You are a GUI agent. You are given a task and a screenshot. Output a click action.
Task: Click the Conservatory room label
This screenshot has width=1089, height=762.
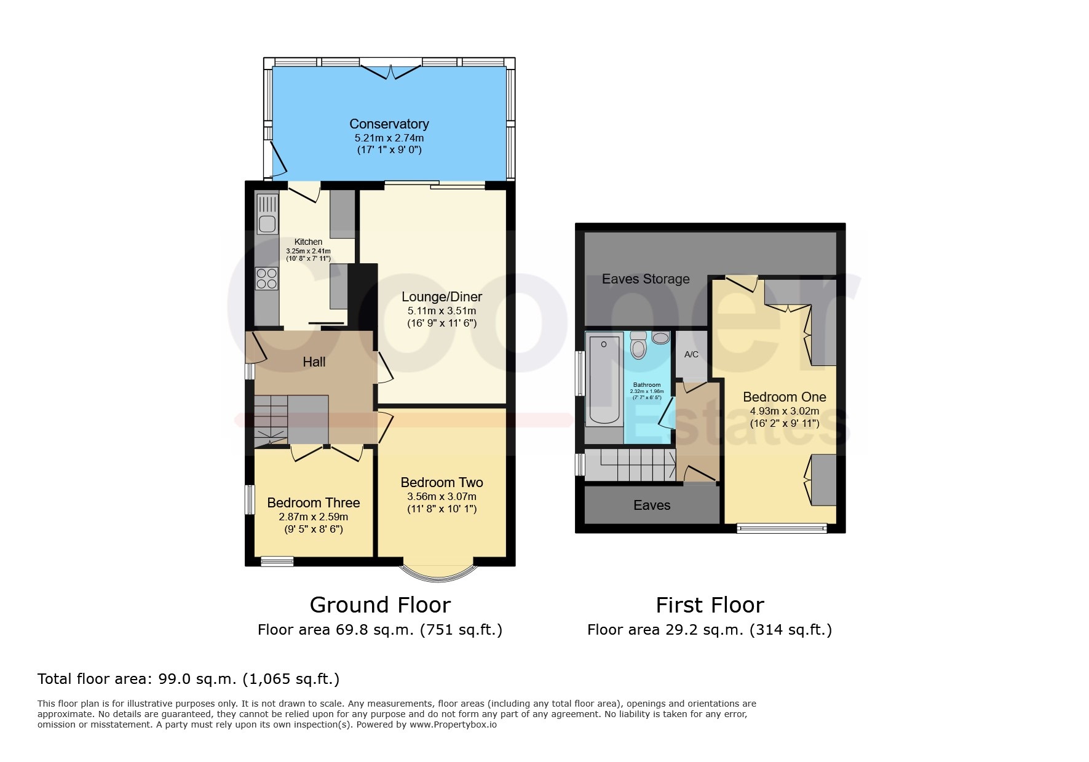(389, 124)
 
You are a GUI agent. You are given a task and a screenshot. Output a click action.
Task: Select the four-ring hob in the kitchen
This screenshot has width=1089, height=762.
(267, 278)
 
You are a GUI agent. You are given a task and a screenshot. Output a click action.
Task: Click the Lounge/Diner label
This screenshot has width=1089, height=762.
(442, 296)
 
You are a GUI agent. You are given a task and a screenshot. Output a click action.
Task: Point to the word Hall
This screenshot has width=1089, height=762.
(314, 362)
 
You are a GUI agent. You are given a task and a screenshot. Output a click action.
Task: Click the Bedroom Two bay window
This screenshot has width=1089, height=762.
(438, 571)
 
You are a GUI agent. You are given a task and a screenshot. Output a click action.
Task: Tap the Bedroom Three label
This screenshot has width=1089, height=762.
(314, 502)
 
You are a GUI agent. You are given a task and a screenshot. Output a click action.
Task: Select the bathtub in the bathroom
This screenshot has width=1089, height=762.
(604, 378)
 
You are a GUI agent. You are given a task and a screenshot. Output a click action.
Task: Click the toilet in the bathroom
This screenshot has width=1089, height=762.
(639, 346)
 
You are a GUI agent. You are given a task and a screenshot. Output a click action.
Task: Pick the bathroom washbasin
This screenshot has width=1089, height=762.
(661, 338)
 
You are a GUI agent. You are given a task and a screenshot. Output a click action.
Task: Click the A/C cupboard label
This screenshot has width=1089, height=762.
(691, 354)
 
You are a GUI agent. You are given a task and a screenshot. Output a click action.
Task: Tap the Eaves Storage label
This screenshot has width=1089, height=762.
(646, 279)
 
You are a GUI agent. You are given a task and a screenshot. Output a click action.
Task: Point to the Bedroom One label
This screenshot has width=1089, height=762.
(785, 397)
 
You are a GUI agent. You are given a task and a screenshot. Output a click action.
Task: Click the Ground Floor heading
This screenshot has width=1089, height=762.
(380, 605)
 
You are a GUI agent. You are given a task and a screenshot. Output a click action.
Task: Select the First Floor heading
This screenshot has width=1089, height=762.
(710, 605)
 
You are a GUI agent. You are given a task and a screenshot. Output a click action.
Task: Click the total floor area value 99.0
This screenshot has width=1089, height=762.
(176, 679)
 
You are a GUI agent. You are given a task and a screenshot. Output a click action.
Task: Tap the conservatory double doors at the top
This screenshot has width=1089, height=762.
(390, 71)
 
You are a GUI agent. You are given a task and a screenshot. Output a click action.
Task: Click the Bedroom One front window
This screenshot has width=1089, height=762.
(782, 528)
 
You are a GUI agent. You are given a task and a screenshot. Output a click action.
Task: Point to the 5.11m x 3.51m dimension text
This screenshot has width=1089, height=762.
(442, 311)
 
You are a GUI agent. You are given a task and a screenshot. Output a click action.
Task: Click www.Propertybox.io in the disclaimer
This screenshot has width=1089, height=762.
(453, 724)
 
